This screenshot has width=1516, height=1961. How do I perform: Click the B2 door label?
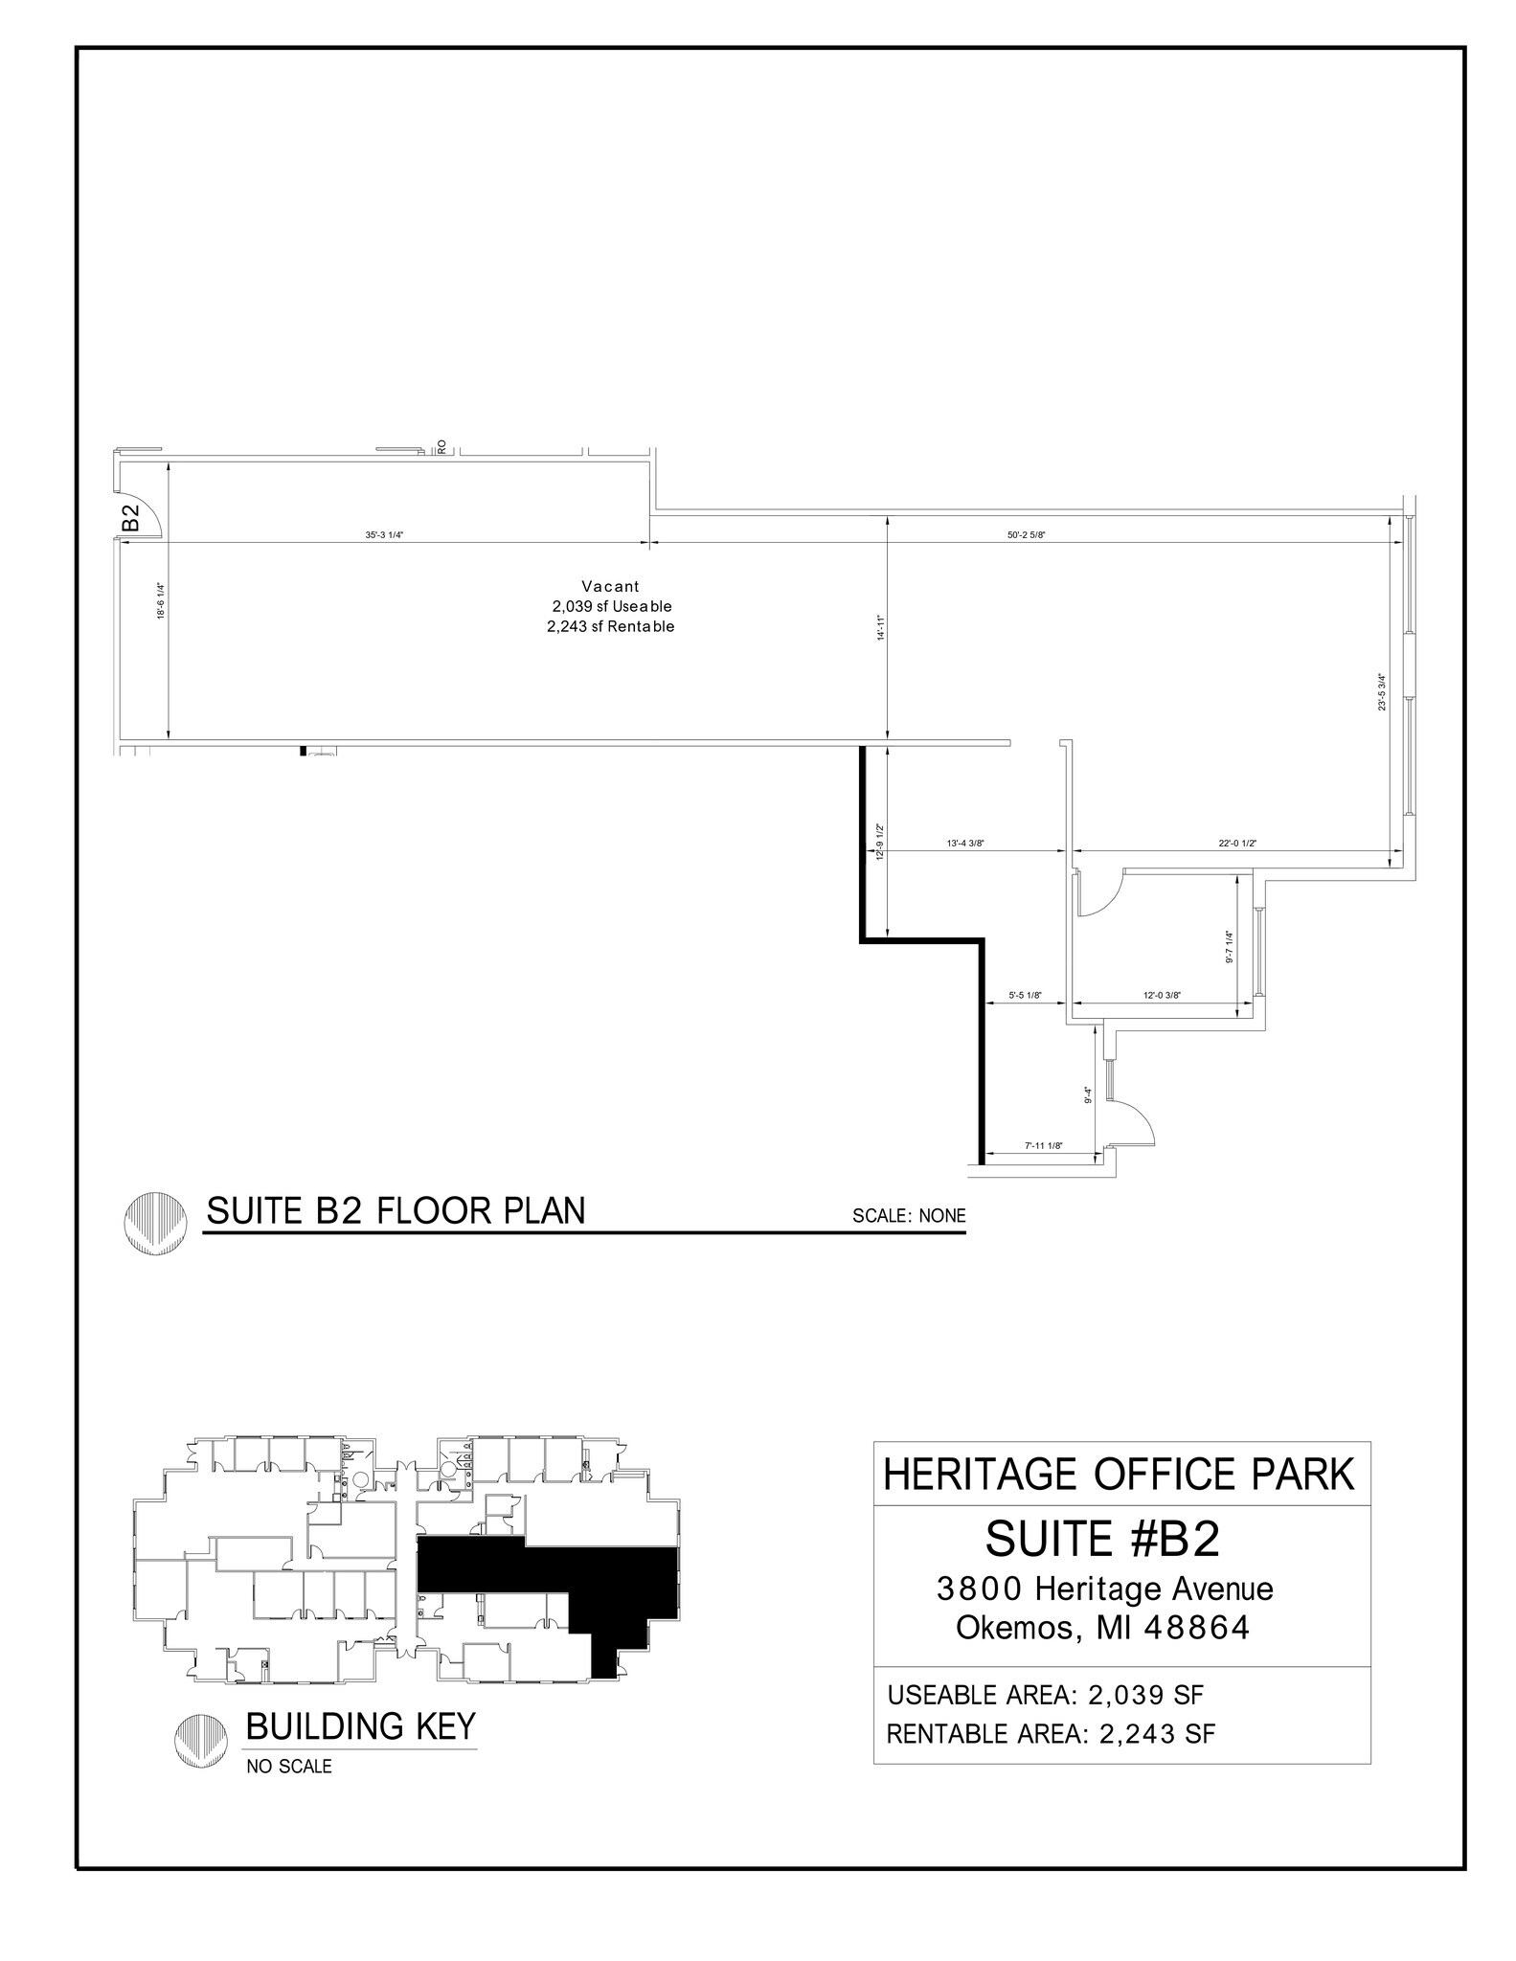click(131, 518)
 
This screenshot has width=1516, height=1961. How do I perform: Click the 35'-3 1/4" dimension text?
click(384, 535)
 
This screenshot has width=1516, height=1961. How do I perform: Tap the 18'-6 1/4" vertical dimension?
click(161, 602)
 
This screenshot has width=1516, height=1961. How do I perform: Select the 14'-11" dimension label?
click(881, 628)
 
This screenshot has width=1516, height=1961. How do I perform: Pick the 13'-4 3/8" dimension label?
click(965, 844)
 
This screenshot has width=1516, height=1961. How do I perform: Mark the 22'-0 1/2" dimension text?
click(1237, 844)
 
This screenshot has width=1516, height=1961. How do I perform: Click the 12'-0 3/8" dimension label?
click(1162, 995)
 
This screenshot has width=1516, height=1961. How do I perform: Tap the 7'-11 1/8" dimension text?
click(1043, 1146)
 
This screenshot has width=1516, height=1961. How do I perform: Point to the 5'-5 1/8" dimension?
click(1024, 995)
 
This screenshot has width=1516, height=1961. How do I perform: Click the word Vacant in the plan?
click(610, 586)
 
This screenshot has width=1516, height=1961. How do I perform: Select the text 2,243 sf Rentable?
click(611, 627)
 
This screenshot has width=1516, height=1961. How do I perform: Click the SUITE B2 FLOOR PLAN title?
click(396, 1211)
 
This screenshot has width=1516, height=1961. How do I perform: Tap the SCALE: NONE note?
click(909, 1216)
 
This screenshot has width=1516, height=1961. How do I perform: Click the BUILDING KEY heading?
click(360, 1725)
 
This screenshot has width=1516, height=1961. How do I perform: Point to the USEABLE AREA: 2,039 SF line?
click(1046, 1695)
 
